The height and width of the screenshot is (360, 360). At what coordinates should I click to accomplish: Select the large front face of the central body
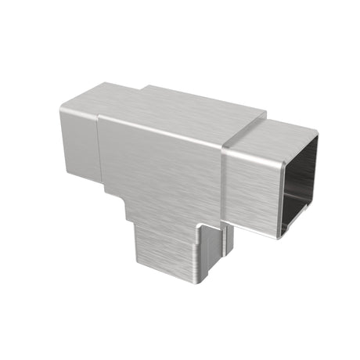(157, 168)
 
